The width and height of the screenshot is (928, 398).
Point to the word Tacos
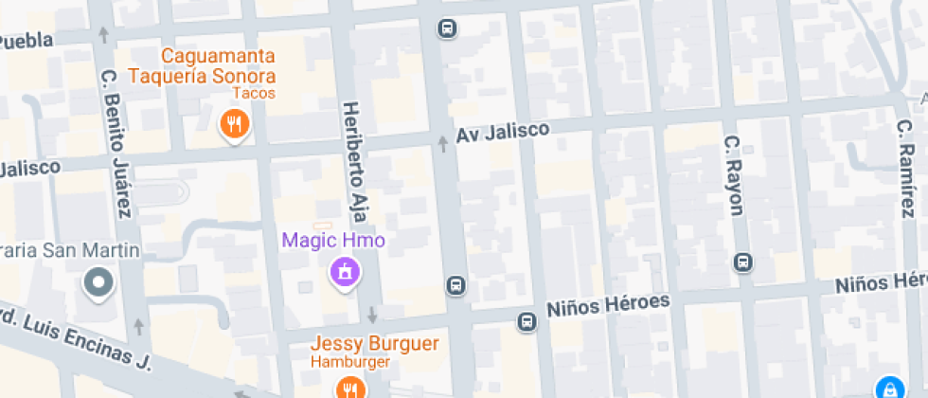click(x=254, y=93)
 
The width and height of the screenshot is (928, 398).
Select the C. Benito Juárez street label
click(x=116, y=142)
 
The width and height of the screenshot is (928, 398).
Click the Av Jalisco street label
click(x=502, y=132)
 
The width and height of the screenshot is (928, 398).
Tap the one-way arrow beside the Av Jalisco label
click(x=442, y=144)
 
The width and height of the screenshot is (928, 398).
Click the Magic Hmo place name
click(x=333, y=241)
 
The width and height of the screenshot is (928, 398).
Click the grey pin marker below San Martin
click(x=98, y=281)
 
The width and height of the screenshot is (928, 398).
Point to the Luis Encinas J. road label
click(x=76, y=335)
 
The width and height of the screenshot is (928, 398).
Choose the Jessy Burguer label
click(x=379, y=343)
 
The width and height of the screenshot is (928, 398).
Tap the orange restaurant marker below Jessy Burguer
click(x=349, y=387)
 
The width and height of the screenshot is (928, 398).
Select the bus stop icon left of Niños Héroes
click(x=526, y=322)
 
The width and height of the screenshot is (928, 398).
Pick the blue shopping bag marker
click(x=889, y=388)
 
